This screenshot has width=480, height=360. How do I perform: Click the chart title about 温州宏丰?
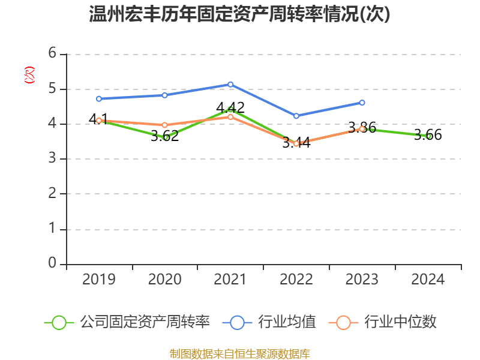[239, 14]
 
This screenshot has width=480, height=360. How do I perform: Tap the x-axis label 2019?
[99, 279]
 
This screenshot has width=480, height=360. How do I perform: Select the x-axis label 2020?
[164, 279]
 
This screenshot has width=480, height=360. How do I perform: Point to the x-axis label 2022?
[296, 279]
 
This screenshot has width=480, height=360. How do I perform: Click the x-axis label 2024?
[428, 279]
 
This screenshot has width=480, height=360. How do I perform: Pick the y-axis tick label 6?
[53, 53]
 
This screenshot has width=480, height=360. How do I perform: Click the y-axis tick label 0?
[53, 263]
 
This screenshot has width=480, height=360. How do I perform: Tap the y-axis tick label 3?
[53, 158]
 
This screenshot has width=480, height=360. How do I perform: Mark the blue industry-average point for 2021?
[230, 84]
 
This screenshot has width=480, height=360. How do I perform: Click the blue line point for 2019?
[99, 98]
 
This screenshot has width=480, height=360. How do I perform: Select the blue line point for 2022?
[296, 116]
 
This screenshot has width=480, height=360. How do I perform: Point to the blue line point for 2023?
[362, 103]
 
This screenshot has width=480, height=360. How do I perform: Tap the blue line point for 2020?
[164, 95]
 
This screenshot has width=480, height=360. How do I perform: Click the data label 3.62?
[164, 136]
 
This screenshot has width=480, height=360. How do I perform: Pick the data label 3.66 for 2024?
[428, 135]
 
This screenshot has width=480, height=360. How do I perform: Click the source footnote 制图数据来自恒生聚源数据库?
[239, 354]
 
